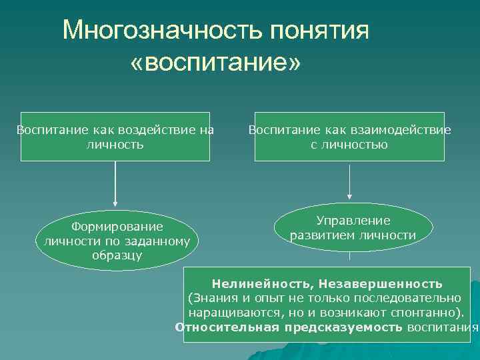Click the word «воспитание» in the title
[216, 63]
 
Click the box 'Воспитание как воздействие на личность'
[115, 137]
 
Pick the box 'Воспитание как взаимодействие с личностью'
[349, 137]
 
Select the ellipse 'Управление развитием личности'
[353, 227]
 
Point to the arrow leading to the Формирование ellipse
[115, 183]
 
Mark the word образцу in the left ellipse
[117, 255]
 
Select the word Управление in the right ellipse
[353, 221]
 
